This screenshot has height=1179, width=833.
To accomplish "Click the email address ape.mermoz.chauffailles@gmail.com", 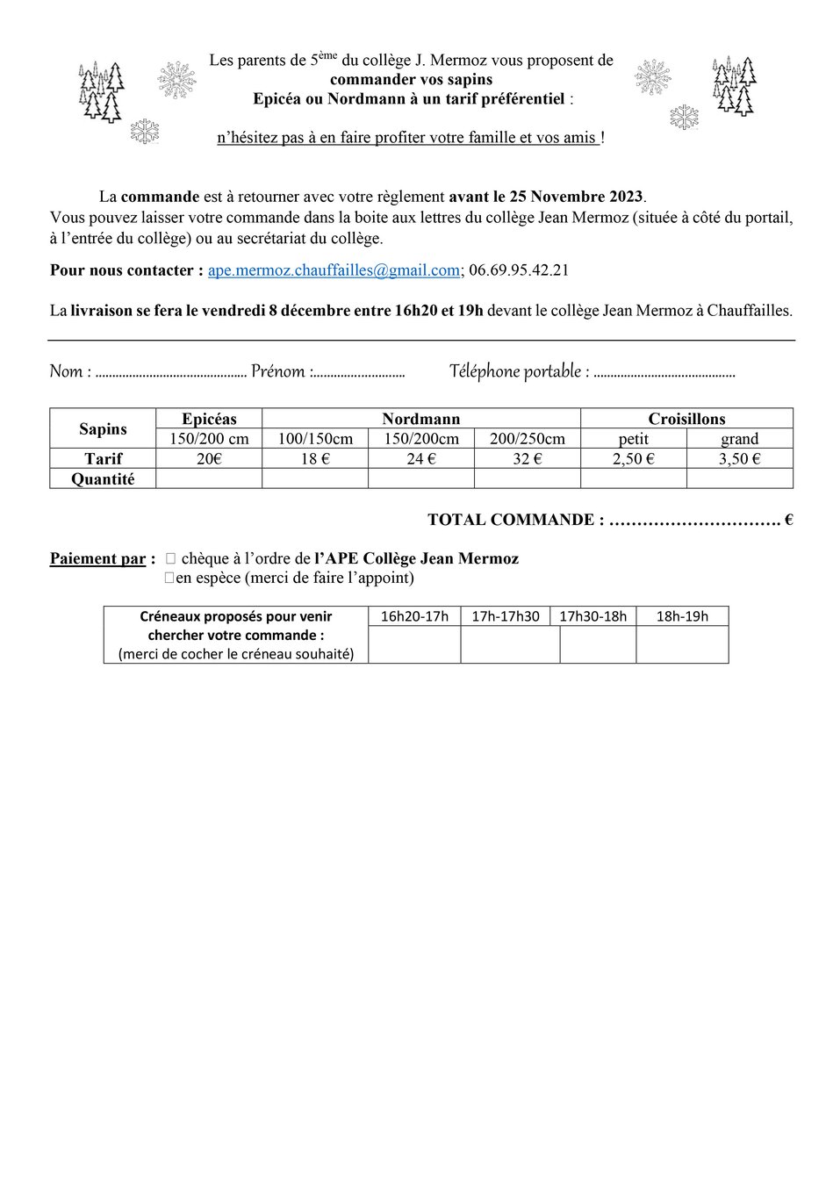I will [x=334, y=270].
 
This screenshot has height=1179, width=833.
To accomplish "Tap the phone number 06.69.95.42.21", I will [x=519, y=270].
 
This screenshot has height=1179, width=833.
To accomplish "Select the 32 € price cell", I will [x=527, y=458].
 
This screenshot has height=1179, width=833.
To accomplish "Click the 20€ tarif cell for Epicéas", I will [x=209, y=458].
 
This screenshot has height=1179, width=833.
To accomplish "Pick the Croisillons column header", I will [x=686, y=419].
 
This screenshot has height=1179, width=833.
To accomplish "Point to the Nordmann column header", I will [x=420, y=419].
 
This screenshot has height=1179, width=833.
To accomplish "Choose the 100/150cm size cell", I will [x=315, y=438].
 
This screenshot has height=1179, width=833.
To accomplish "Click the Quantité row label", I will [x=103, y=479].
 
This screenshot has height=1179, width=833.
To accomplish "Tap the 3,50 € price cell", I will [x=739, y=458].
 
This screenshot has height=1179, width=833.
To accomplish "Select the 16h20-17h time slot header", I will [x=414, y=616].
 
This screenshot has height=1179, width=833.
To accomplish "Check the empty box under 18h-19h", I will [x=682, y=644].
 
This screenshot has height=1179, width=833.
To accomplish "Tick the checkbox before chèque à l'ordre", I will [x=170, y=558].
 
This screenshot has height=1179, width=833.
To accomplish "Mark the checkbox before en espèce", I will [x=169, y=579].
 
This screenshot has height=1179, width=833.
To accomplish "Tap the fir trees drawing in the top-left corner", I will [x=101, y=92].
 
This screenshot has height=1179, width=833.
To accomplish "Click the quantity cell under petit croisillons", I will [x=633, y=479].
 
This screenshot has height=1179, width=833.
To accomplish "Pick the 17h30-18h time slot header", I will [x=593, y=616].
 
